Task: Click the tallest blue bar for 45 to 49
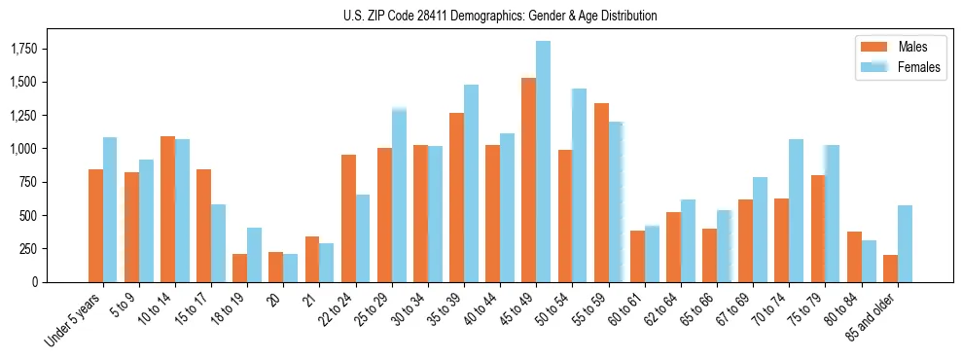(x=544, y=162)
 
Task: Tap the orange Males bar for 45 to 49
(x=528, y=180)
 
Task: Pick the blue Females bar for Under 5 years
(x=110, y=209)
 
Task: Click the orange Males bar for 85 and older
(x=890, y=269)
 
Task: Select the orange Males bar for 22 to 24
(x=347, y=218)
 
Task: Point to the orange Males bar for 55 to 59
(x=600, y=193)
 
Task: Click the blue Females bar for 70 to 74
(x=797, y=210)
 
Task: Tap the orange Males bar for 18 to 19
(x=239, y=268)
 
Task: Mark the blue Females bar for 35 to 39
(x=471, y=183)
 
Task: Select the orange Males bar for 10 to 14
(x=167, y=209)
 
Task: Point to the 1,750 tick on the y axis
(x=38, y=49)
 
